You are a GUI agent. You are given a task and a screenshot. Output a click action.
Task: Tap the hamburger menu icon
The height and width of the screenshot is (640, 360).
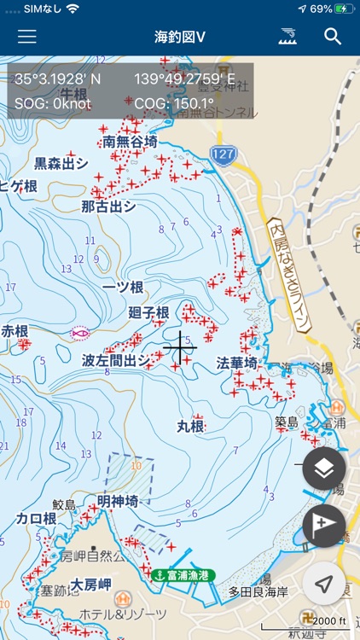(x=27, y=37)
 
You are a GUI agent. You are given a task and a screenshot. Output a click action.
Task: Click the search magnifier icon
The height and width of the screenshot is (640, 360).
(x=333, y=37)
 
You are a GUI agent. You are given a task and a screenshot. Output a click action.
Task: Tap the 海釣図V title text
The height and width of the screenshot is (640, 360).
(x=180, y=37)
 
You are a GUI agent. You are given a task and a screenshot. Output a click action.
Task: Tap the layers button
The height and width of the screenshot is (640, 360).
(x=324, y=468)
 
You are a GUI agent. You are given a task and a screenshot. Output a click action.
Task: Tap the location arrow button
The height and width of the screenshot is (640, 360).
(x=324, y=584)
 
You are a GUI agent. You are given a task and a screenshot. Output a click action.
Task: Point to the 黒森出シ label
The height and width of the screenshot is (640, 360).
(x=61, y=163)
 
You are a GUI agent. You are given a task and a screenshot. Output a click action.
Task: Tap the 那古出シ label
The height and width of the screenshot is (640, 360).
(x=108, y=207)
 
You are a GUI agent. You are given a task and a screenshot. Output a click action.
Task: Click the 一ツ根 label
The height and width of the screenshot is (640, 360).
(x=121, y=288)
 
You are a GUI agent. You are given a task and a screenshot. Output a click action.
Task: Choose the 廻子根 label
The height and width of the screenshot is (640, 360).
(x=148, y=312)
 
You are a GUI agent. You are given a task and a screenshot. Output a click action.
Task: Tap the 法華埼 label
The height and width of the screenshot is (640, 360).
(x=236, y=364)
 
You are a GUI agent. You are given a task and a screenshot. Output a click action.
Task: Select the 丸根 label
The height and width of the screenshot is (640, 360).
(x=191, y=426)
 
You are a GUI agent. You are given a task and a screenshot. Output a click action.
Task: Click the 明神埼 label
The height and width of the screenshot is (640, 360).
(x=118, y=502)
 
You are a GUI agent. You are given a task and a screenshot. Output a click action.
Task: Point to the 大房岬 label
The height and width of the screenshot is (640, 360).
(x=92, y=585)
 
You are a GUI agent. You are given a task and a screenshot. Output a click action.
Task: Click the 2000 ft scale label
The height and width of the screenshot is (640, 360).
(x=330, y=620)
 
